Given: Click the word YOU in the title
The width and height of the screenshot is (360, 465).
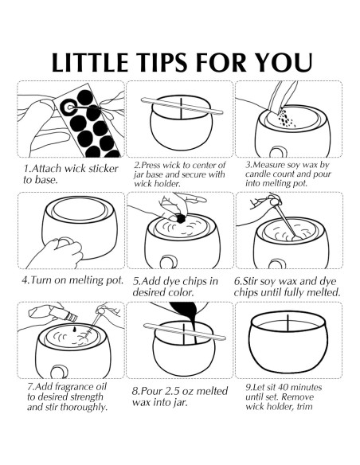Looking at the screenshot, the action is (284, 63).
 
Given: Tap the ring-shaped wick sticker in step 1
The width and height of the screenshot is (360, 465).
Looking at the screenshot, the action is (69, 107).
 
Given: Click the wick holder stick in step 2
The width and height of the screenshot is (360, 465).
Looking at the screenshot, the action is (182, 106).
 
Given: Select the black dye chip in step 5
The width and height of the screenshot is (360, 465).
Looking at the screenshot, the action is (180, 219).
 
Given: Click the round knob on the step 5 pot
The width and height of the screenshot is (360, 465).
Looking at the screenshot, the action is (168, 263).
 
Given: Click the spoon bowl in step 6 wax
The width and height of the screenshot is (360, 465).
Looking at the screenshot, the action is (296, 238).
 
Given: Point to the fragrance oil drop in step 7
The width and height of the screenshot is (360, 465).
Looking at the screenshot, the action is (74, 330).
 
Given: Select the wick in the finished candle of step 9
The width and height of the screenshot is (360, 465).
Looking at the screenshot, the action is (288, 322).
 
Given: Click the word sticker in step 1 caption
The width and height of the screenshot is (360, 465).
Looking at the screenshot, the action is (103, 169).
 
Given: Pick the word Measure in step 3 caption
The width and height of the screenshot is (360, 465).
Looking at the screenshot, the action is (268, 165).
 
